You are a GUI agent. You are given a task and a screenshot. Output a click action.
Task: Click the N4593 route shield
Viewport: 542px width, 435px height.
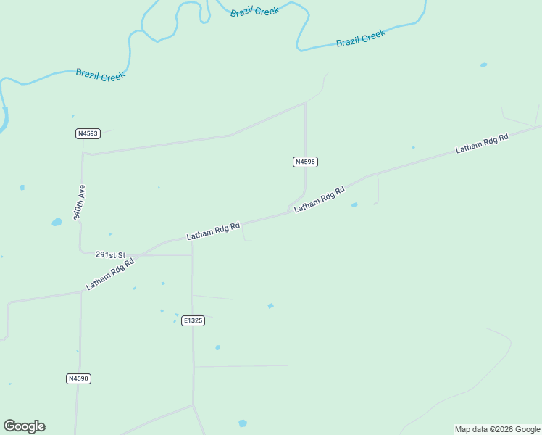(87, 133)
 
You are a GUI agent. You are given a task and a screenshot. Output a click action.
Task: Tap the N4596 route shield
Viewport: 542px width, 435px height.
(305, 162)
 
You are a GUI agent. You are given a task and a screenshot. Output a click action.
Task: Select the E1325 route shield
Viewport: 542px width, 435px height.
(193, 320)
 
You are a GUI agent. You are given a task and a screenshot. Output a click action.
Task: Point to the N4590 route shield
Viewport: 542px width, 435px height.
(78, 378)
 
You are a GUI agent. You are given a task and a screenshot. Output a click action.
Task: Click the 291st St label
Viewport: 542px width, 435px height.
(110, 255)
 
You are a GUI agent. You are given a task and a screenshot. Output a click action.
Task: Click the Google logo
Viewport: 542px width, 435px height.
(24, 426)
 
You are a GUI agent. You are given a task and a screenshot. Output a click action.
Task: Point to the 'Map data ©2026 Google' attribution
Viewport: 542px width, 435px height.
(498, 429)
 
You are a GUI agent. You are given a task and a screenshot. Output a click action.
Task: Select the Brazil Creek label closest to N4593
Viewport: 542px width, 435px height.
(101, 74)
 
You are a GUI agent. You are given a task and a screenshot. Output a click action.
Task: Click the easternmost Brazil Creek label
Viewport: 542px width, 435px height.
(361, 38)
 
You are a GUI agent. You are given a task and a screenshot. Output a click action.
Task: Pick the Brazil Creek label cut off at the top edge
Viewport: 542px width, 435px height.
(254, 11)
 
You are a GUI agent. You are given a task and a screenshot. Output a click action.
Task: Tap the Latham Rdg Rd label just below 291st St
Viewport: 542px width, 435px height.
(110, 275)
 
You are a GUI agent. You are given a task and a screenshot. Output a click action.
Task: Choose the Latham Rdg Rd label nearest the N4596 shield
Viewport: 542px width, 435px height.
(319, 198)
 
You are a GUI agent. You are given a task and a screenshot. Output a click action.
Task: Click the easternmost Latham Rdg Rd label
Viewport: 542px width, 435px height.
(482, 143)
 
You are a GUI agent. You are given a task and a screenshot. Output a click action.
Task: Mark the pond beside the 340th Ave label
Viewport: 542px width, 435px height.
(57, 223)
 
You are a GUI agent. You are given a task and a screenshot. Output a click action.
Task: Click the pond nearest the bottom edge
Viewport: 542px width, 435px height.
(242, 423)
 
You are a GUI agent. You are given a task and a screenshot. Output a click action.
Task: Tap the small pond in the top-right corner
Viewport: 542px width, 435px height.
(483, 65)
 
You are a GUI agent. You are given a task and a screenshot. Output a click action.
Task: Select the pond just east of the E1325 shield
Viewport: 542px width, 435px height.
(270, 306)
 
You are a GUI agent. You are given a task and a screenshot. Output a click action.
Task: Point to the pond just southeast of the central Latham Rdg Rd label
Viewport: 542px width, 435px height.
(354, 205)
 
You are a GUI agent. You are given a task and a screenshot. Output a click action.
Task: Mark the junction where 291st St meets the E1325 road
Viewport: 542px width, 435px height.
(192, 254)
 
